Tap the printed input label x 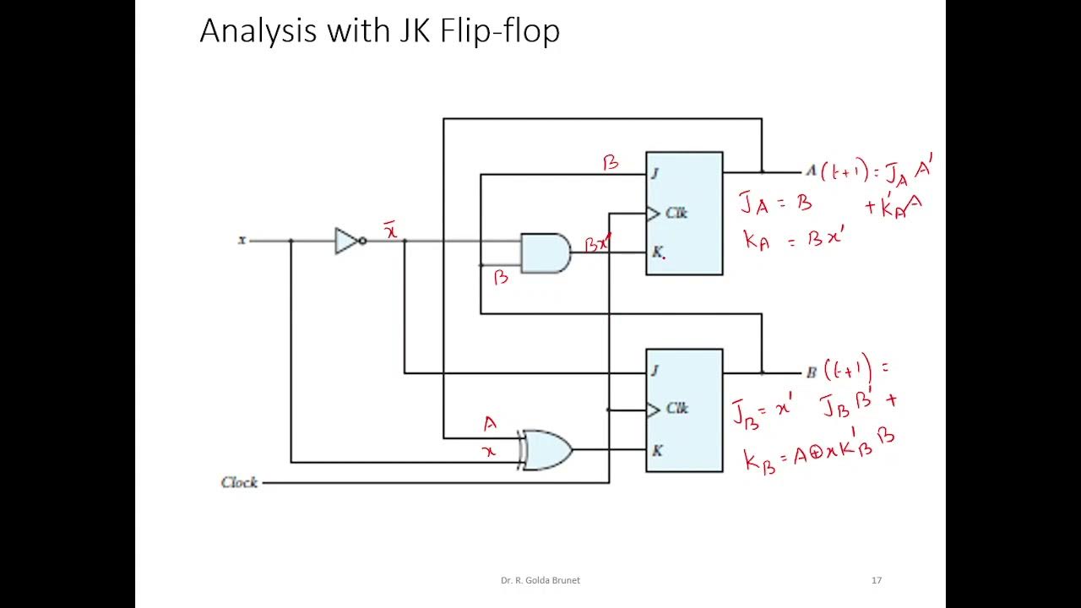tap(242, 240)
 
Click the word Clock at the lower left tap(239, 482)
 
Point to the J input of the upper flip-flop tap(655, 173)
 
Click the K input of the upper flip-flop tap(657, 252)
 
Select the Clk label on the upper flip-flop tap(676, 213)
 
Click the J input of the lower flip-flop tap(655, 370)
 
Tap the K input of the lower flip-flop tap(657, 450)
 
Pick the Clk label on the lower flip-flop tap(676, 409)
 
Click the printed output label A tap(811, 171)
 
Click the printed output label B tap(811, 372)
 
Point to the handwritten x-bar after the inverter tap(391, 230)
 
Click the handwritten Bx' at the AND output tap(598, 244)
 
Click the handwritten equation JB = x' tap(762, 411)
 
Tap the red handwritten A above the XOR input tap(490, 424)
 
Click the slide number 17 tap(876, 580)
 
